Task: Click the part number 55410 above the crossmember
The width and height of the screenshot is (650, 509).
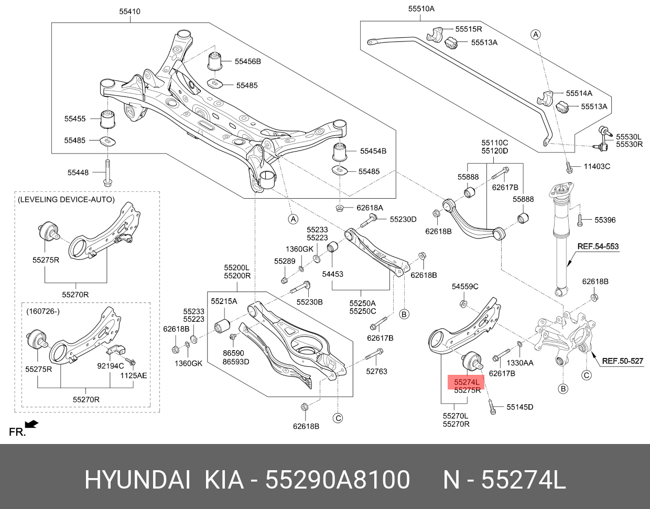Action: click(x=130, y=11)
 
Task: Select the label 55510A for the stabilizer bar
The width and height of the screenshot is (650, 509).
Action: click(x=421, y=8)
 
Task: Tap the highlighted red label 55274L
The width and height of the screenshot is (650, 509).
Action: click(x=467, y=382)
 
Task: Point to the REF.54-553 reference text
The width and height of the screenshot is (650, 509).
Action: click(x=598, y=246)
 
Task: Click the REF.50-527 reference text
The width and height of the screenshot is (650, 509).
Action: click(x=622, y=361)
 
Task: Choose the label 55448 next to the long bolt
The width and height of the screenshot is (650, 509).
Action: click(x=78, y=172)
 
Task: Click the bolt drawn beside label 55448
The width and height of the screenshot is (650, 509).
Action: click(x=107, y=172)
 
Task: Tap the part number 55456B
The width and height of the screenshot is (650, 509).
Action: click(x=247, y=61)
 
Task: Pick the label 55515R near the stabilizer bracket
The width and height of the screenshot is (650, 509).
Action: click(x=468, y=29)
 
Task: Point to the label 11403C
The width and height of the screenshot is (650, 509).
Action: click(x=597, y=167)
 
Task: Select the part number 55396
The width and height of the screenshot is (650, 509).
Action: click(x=605, y=220)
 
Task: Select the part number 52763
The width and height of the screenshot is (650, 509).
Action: click(x=376, y=371)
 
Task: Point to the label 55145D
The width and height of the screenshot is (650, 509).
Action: click(x=519, y=407)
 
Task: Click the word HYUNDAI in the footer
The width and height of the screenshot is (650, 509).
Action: click(x=137, y=480)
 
